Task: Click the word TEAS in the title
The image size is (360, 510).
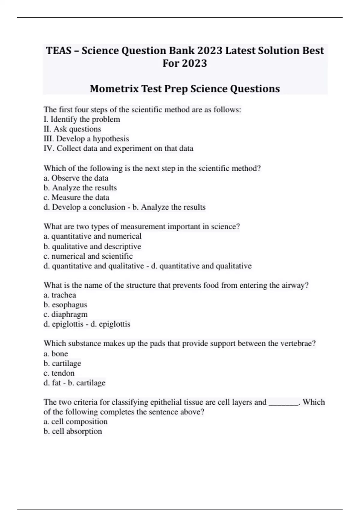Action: tap(58, 51)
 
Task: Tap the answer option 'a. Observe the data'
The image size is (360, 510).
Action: tap(76, 178)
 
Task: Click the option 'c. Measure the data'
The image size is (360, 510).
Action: tap(76, 197)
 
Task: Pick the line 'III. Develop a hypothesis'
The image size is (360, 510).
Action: tap(86, 139)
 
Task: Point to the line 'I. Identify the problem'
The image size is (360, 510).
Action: tap(82, 119)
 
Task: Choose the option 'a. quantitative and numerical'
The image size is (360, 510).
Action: tap(92, 236)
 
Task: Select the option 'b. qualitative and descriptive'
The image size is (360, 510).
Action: tap(92, 247)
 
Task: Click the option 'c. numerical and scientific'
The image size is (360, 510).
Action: tap(88, 256)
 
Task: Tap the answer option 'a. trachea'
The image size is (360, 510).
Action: tap(60, 295)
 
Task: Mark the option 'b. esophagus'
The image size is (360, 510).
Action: tap(65, 305)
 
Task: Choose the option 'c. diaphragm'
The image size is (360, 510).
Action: tap(65, 314)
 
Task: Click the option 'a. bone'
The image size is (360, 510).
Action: tap(56, 354)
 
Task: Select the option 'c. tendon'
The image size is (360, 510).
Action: tap(59, 373)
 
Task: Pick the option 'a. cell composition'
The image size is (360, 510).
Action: tap(75, 421)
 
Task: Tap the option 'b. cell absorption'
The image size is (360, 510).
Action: tap(73, 431)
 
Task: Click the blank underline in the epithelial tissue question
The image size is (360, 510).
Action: tap(283, 403)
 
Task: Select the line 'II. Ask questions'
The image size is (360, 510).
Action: tap(72, 129)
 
